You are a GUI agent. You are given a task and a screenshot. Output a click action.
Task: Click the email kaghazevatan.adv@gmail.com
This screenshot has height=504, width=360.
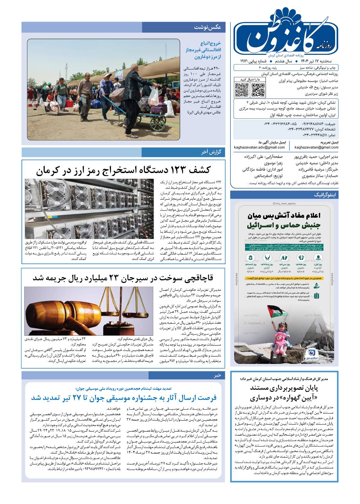260,147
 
